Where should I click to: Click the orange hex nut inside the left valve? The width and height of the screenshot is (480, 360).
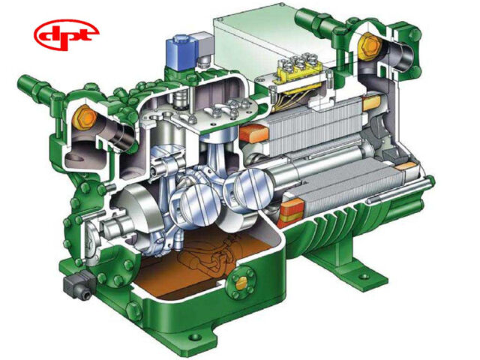coord(83,117)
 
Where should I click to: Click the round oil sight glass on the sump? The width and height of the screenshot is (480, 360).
coord(241,283)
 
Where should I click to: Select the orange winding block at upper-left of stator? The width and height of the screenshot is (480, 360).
coord(251,134)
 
